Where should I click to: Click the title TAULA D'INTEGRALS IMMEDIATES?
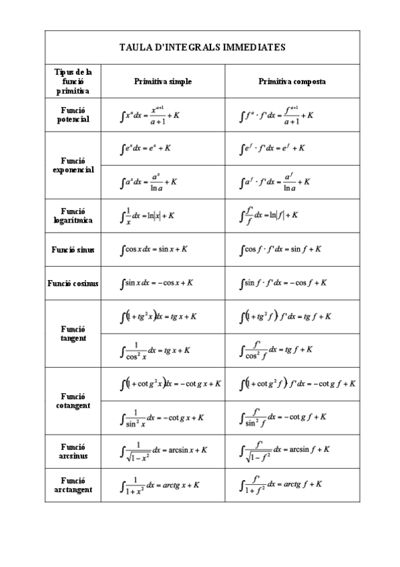pyautogui.click(x=202, y=47)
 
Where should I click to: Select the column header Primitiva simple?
pyautogui.click(x=163, y=81)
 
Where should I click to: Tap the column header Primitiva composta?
pyautogui.click(x=292, y=81)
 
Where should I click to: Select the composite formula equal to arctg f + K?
pyautogui.click(x=282, y=485)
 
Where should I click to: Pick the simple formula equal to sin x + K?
pyautogui.click(x=154, y=249)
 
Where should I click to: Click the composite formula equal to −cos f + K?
pyautogui.click(x=283, y=283)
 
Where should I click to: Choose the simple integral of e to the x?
pyautogui.click(x=146, y=148)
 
